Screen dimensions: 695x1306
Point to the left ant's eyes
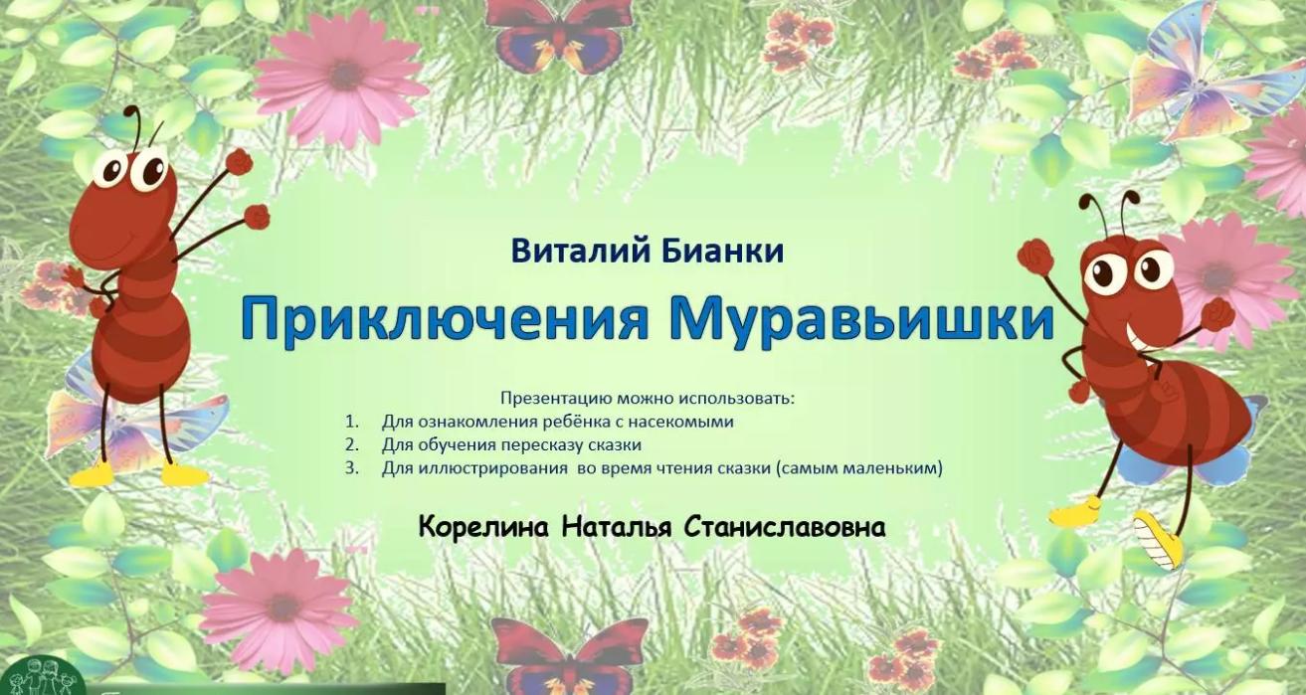[x=132, y=169]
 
